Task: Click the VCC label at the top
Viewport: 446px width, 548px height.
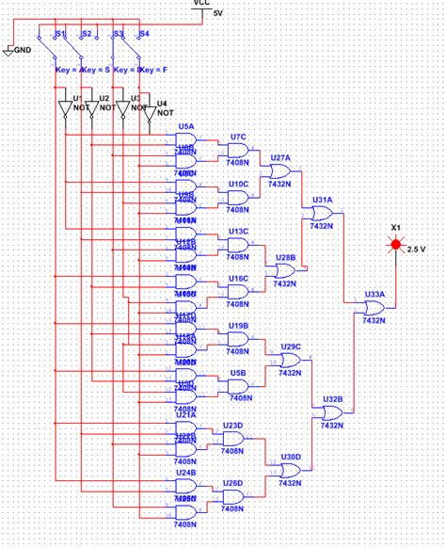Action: [201, 4]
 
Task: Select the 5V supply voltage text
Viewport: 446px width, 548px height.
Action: [218, 14]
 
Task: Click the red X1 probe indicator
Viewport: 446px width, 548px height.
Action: [395, 247]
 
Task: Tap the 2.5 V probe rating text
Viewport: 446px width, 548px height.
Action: [417, 250]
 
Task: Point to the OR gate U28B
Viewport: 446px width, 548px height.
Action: [284, 269]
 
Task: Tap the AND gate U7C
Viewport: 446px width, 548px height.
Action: [238, 151]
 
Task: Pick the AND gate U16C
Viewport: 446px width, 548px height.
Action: [238, 292]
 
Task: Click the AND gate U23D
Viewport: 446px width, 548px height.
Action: [231, 439]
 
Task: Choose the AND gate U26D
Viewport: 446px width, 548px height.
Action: [231, 496]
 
